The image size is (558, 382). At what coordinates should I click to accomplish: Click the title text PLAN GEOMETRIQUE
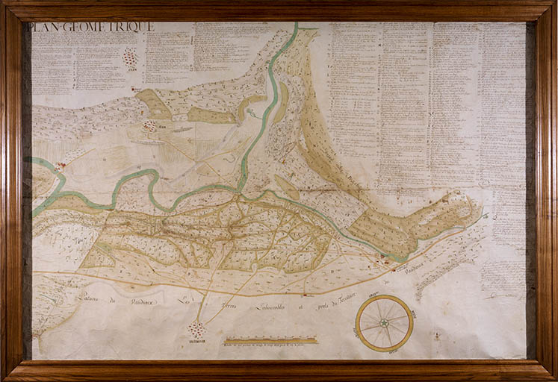(92, 27)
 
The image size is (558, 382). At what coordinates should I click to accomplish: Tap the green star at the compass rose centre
(384, 323)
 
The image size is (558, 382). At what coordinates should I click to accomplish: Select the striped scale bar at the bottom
(270, 340)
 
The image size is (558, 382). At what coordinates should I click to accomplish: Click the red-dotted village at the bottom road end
(197, 329)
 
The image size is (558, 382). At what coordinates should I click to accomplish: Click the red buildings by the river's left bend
(60, 166)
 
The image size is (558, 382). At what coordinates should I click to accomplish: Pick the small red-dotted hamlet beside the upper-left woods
(150, 126)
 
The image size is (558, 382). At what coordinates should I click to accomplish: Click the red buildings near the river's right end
(385, 258)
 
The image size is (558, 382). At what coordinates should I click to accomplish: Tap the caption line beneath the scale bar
(270, 346)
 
